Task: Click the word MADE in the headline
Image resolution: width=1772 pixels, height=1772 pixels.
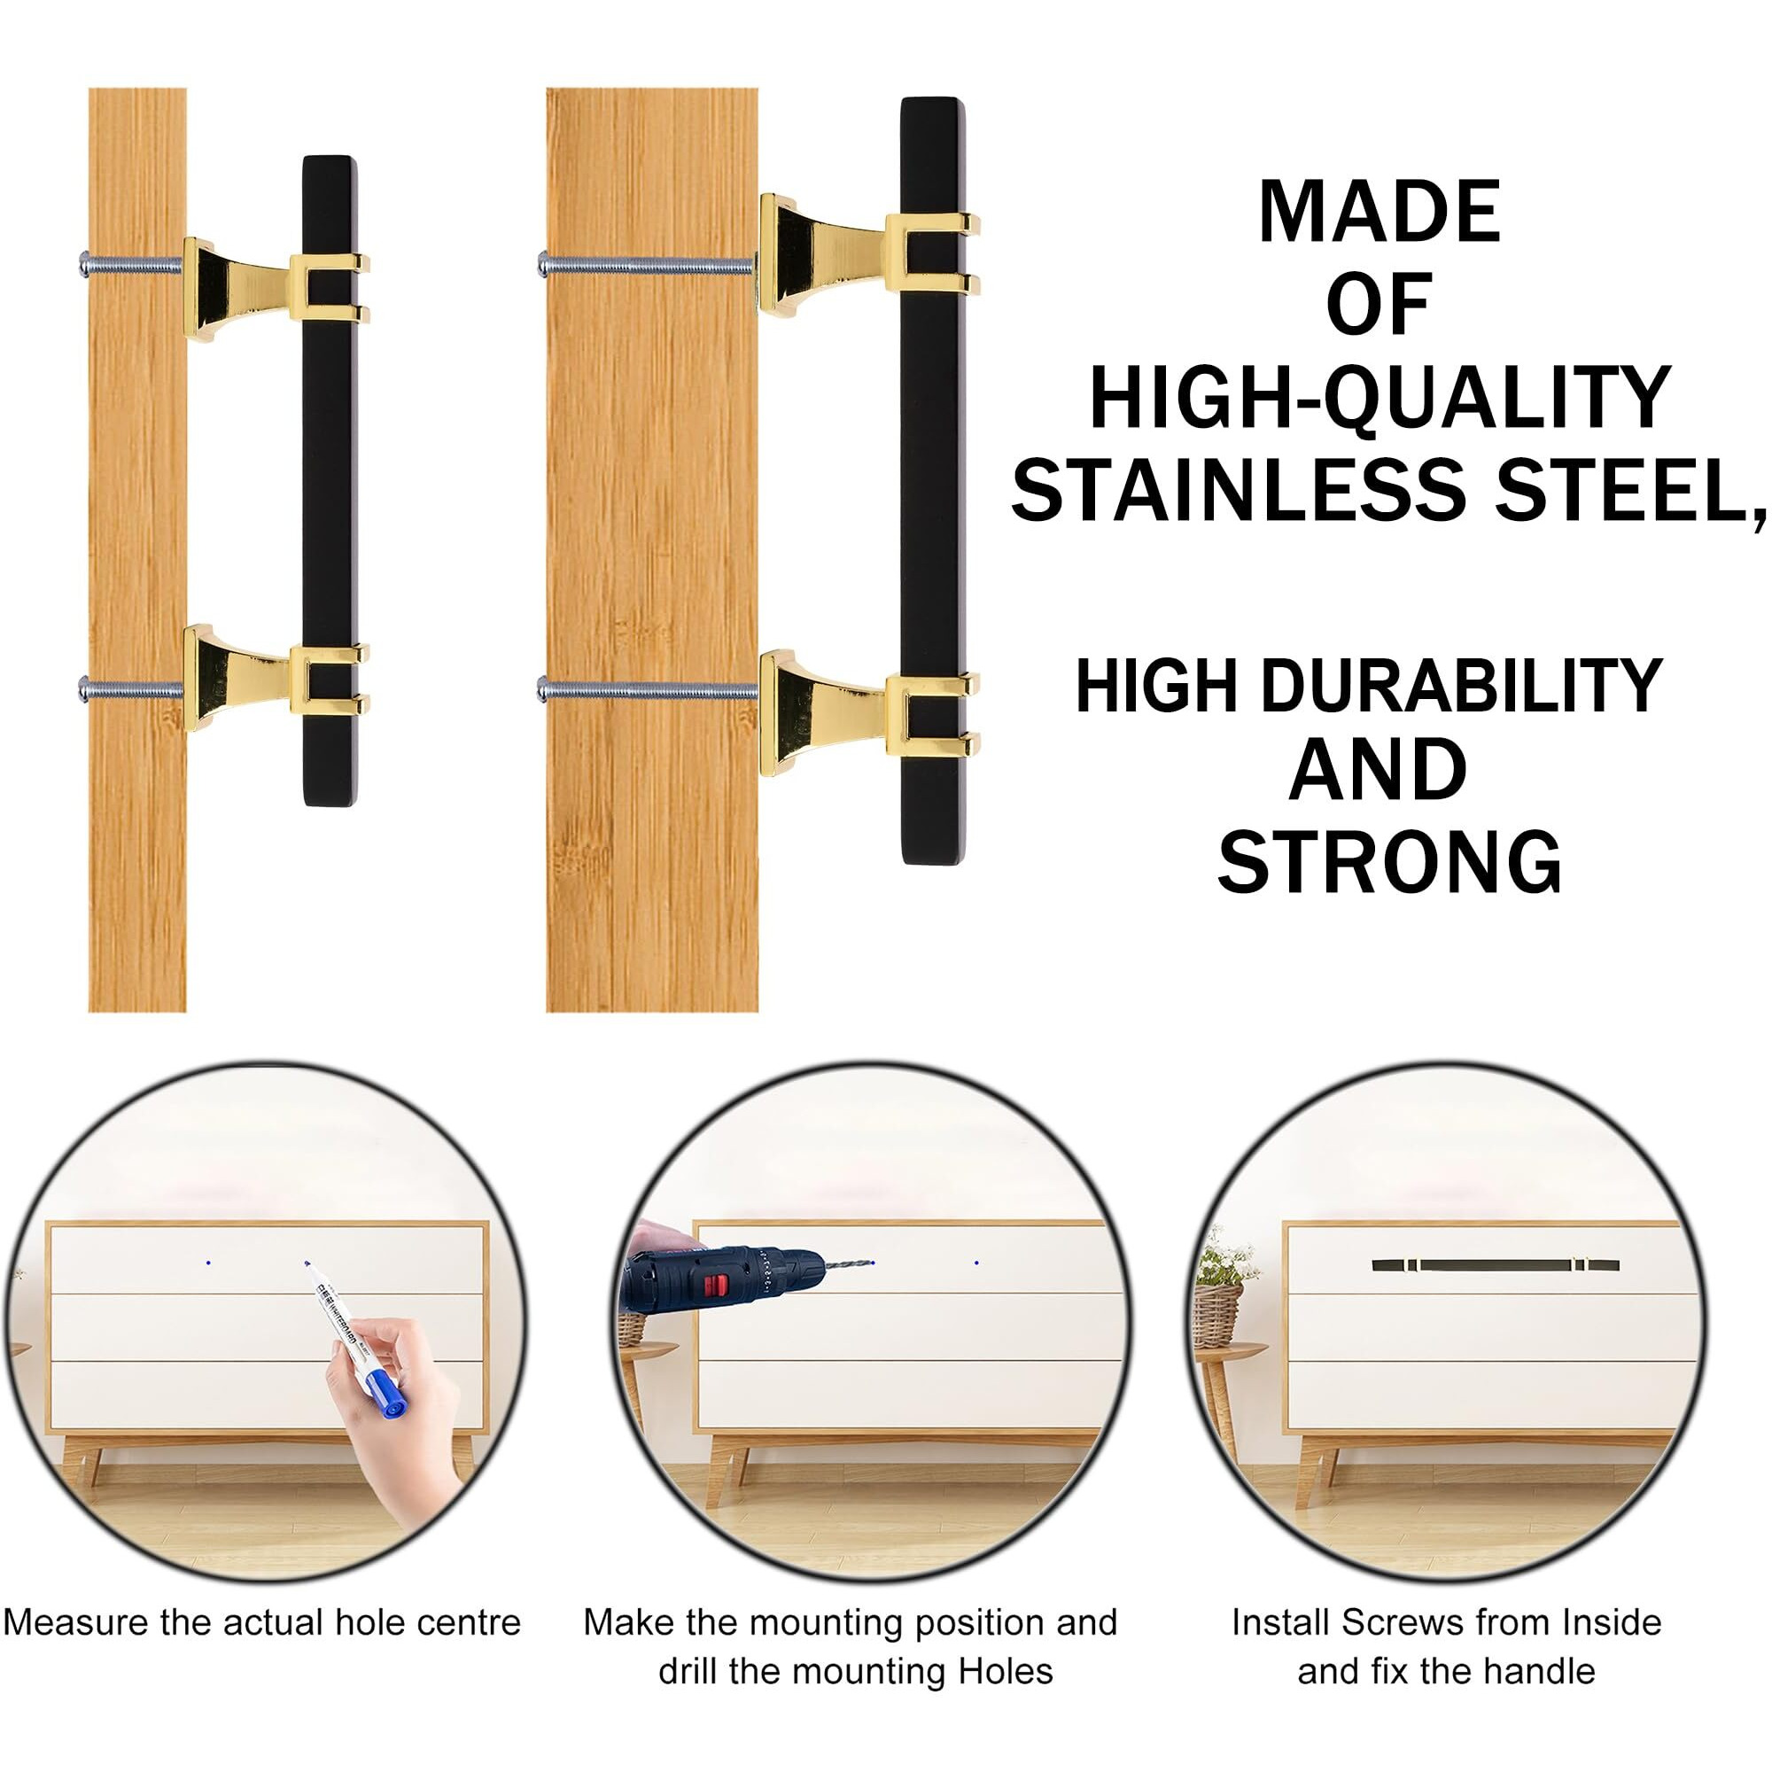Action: pyautogui.click(x=1380, y=212)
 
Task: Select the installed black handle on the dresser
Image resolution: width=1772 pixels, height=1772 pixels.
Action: pyautogui.click(x=1495, y=1265)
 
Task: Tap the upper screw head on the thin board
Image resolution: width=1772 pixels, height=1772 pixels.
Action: pyautogui.click(x=84, y=264)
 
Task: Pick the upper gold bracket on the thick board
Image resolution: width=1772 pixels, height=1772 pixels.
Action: pyautogui.click(x=869, y=255)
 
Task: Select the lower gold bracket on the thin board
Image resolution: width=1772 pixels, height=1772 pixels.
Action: pyautogui.click(x=276, y=679)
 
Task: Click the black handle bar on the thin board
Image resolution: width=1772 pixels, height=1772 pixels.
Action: pyautogui.click(x=330, y=480)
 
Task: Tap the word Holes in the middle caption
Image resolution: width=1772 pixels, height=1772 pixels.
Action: pyautogui.click(x=1005, y=1671)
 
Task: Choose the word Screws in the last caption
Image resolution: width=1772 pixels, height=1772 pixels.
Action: pyautogui.click(x=1393, y=1622)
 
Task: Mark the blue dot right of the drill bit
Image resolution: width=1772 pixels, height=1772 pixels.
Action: pyautogui.click(x=975, y=1263)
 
